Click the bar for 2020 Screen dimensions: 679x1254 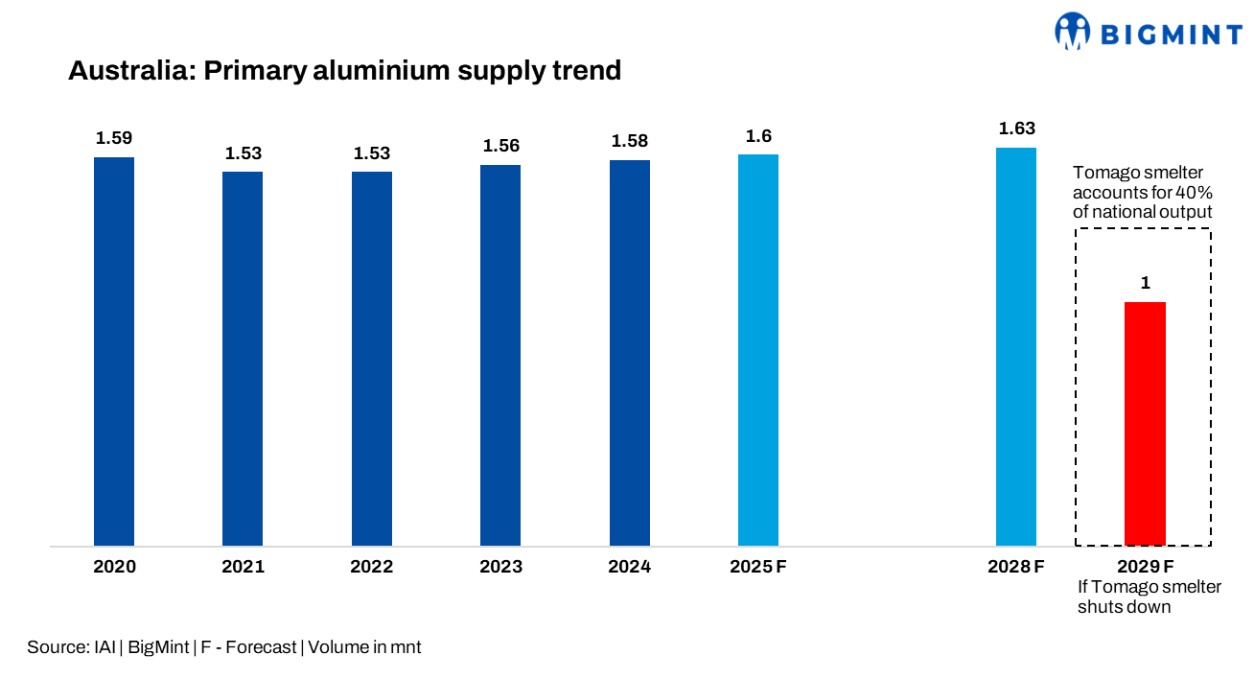pyautogui.click(x=114, y=352)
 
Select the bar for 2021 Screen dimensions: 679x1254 pyautogui.click(x=243, y=359)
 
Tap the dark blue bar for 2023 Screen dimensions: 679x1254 pyautogui.click(x=500, y=356)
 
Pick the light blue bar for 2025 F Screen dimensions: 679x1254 pyautogui.click(x=758, y=350)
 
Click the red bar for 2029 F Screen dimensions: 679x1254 pyautogui.click(x=1145, y=424)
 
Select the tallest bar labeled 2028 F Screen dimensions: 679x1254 pyautogui.click(x=1016, y=347)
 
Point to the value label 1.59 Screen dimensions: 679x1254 pyautogui.click(x=114, y=138)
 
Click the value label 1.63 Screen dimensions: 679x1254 pyautogui.click(x=1016, y=129)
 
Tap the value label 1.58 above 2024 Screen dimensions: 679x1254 pyautogui.click(x=630, y=141)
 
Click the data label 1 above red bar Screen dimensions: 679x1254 pyautogui.click(x=1145, y=283)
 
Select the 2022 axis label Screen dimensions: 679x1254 pyautogui.click(x=371, y=567)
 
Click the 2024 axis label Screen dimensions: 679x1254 pyautogui.click(x=629, y=567)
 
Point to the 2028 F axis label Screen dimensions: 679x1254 pyautogui.click(x=1016, y=567)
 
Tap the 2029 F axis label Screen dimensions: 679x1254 pyautogui.click(x=1145, y=567)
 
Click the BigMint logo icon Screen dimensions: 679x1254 pyautogui.click(x=1073, y=31)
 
